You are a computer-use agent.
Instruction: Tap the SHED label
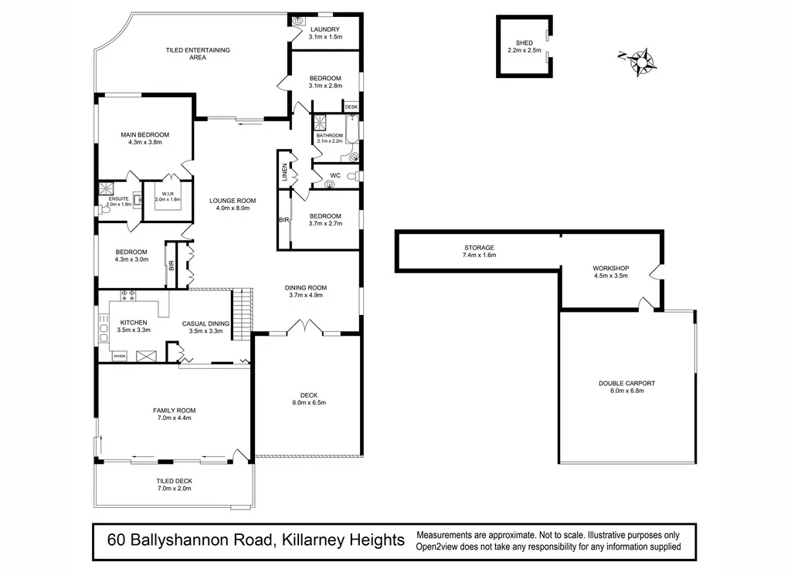tap(525, 43)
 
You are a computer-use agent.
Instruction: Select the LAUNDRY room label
tap(324, 29)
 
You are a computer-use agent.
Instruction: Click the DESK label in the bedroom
tap(351, 107)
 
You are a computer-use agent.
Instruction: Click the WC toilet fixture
tap(352, 177)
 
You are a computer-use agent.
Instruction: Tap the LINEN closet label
tap(285, 171)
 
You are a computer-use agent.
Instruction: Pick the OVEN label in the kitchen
tap(120, 357)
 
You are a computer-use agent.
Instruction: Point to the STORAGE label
tap(479, 248)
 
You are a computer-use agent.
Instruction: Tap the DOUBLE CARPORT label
tap(626, 383)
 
